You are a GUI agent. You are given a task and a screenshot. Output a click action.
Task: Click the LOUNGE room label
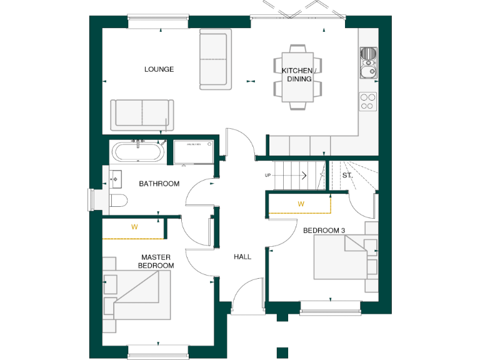click(x=159, y=69)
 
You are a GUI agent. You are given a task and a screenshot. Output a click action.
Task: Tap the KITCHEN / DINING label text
click(x=299, y=75)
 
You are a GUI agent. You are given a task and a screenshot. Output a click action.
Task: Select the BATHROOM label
click(x=159, y=184)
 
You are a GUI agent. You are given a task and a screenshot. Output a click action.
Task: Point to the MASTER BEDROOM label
click(x=156, y=261)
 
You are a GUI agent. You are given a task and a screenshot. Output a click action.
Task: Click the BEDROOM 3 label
click(x=324, y=231)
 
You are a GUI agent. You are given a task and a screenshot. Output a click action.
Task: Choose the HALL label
click(x=242, y=257)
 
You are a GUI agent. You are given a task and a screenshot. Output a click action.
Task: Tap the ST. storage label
click(x=347, y=176)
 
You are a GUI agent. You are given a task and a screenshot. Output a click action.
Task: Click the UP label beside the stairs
click(x=268, y=176)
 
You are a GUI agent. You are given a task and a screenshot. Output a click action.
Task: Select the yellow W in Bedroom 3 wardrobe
click(x=301, y=204)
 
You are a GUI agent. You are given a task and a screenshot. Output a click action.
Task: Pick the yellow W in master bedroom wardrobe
click(x=134, y=227)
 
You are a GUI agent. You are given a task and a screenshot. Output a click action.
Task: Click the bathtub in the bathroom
click(x=138, y=152)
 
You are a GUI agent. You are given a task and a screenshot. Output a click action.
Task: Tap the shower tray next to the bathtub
click(x=194, y=152)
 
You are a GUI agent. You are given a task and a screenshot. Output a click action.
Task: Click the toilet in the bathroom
click(x=118, y=200)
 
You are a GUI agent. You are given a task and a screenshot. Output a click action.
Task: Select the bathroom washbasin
click(x=116, y=179)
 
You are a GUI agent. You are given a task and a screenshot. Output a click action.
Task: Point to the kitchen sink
click(x=368, y=62)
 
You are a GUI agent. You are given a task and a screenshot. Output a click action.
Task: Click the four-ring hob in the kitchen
click(x=368, y=101)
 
